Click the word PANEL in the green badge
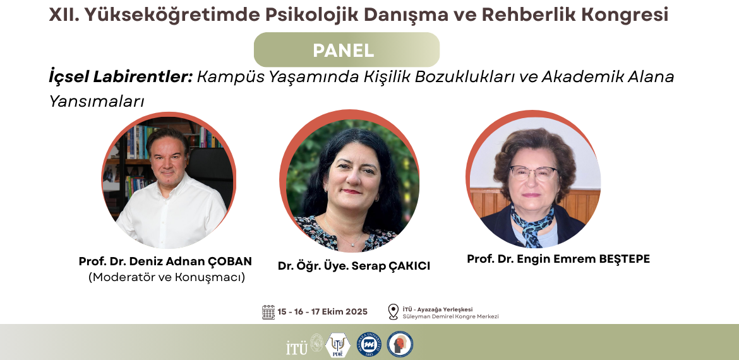pyautogui.click(x=343, y=51)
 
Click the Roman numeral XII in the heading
pyautogui.click(x=60, y=15)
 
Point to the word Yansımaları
pyautogui.click(x=96, y=101)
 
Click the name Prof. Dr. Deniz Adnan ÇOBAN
pyautogui.click(x=165, y=261)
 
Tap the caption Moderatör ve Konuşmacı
pyautogui.click(x=167, y=277)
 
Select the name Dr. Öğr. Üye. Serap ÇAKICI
pyautogui.click(x=354, y=267)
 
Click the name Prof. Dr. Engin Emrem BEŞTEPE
pyautogui.click(x=558, y=259)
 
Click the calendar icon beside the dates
pyautogui.click(x=268, y=312)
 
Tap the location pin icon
pyautogui.click(x=393, y=311)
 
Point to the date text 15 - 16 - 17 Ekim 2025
pyautogui.click(x=322, y=312)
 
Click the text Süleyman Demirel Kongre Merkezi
pyautogui.click(x=450, y=316)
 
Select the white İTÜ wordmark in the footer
pyautogui.click(x=297, y=347)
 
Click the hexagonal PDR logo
pyautogui.click(x=338, y=345)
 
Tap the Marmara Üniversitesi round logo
pyautogui.click(x=369, y=344)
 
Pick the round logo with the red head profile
pyautogui.click(x=400, y=344)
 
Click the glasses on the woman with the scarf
pyautogui.click(x=533, y=173)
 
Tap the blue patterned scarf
pyautogui.click(x=532, y=224)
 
